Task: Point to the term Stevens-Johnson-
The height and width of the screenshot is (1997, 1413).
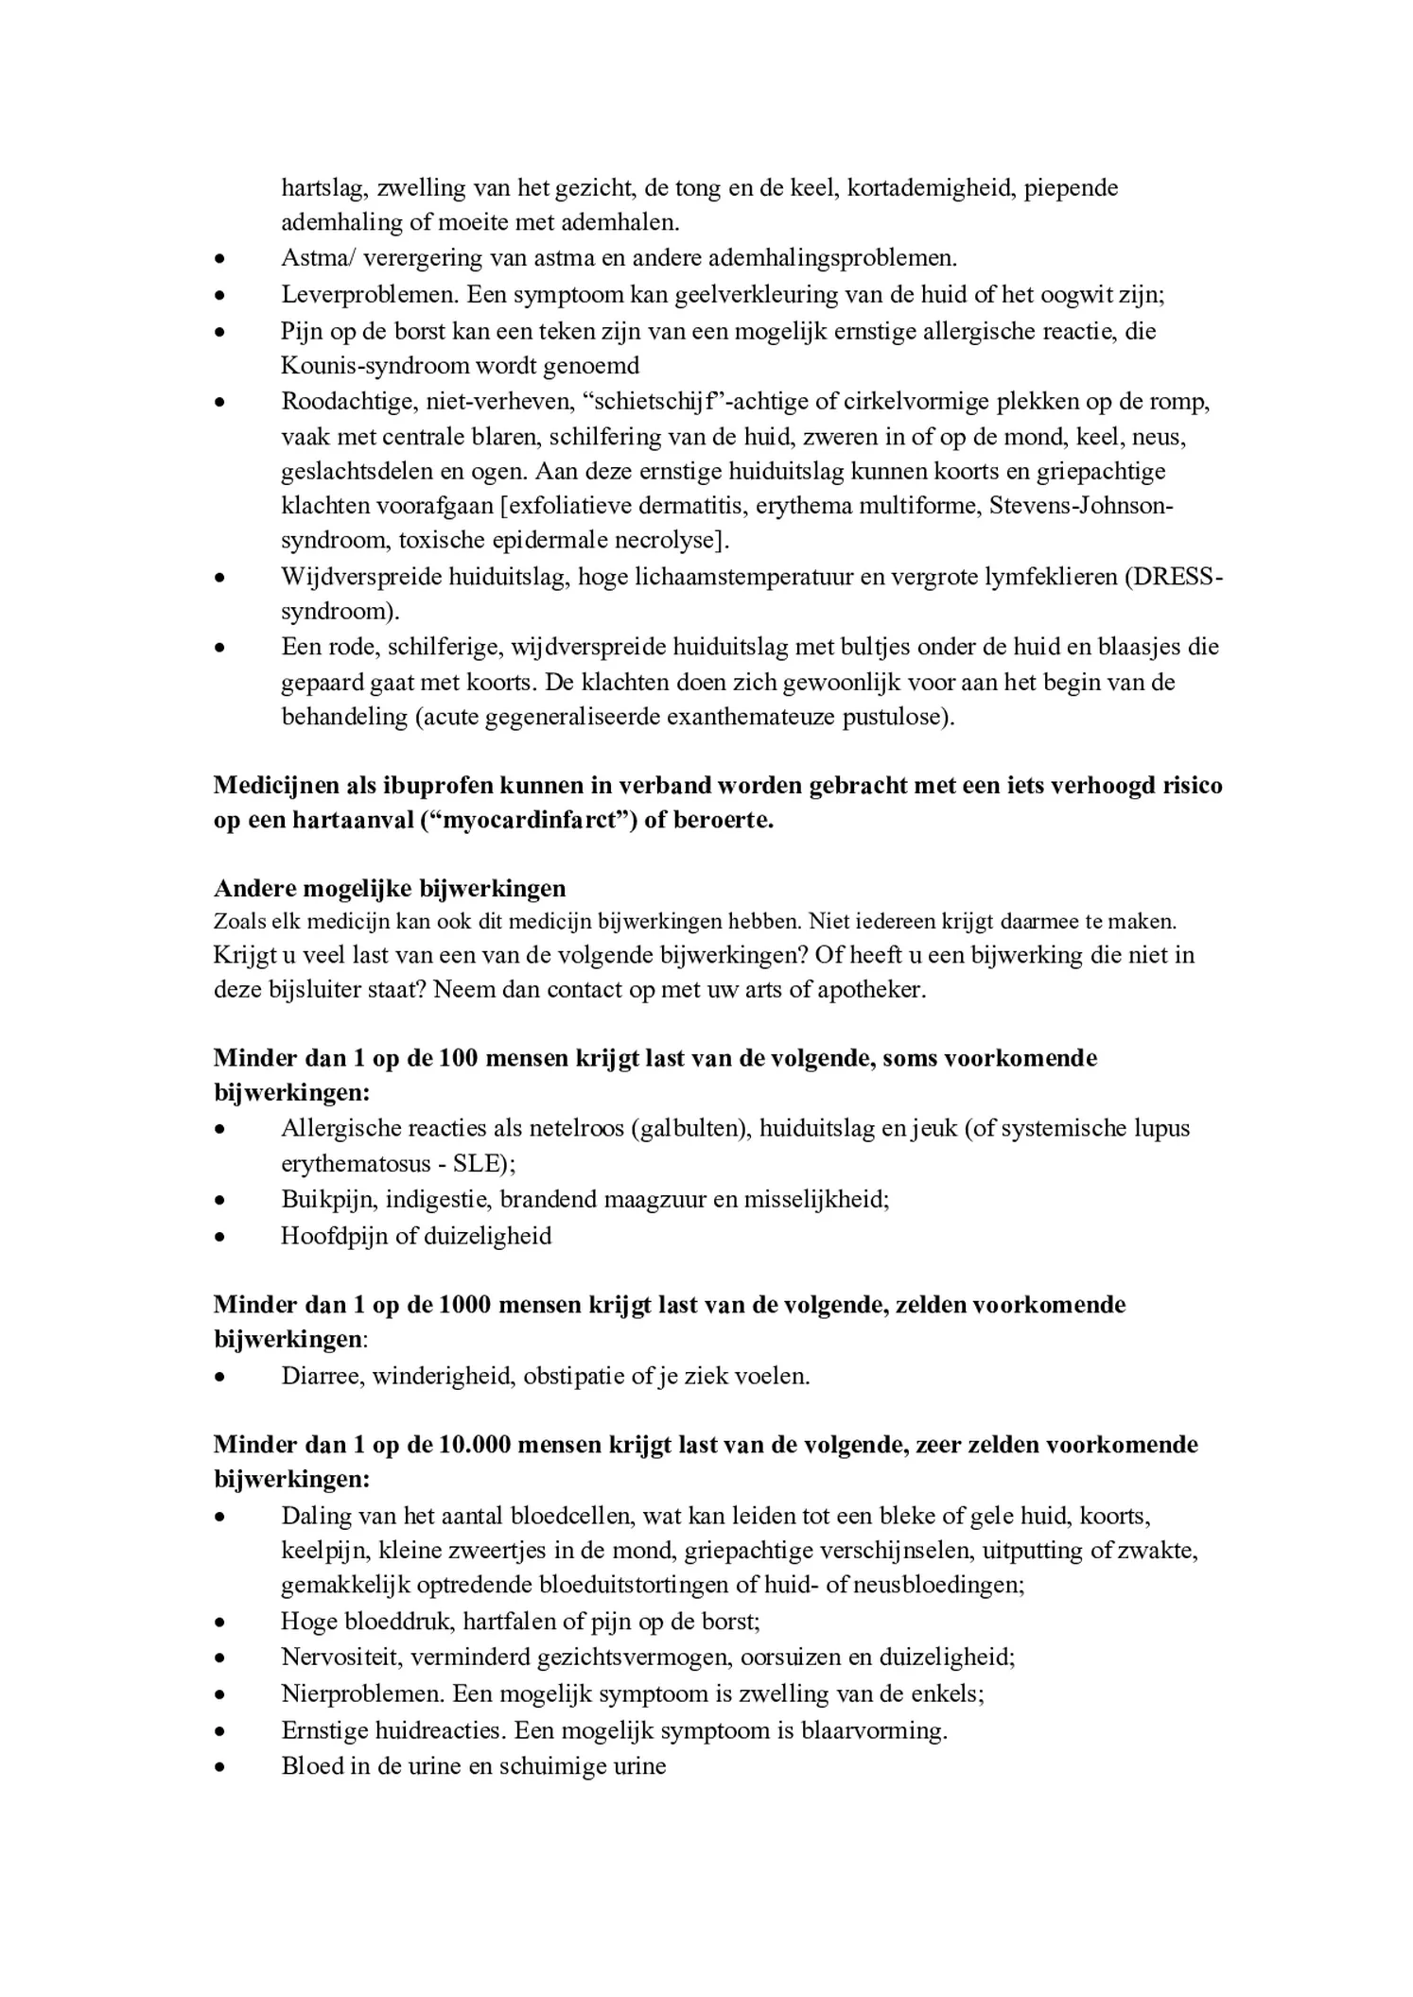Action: coord(1081,506)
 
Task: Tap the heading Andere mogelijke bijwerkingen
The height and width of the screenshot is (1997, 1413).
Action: coord(390,889)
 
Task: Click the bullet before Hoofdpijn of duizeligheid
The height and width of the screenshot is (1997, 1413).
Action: coord(219,1237)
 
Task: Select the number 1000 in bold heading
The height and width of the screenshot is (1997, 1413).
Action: coord(465,1305)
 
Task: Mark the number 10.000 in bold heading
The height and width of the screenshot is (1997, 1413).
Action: coord(476,1445)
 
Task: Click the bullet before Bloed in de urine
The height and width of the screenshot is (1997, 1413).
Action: coord(219,1766)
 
